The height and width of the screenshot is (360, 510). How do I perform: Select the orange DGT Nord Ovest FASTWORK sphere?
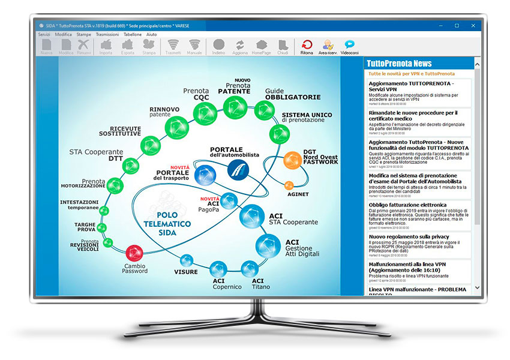click(292, 160)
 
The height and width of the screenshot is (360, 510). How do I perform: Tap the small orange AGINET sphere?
click(289, 185)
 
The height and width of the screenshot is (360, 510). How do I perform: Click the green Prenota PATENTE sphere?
click(233, 107)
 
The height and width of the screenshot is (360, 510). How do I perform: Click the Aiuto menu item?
click(152, 35)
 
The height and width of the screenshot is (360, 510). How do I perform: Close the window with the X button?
click(473, 25)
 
